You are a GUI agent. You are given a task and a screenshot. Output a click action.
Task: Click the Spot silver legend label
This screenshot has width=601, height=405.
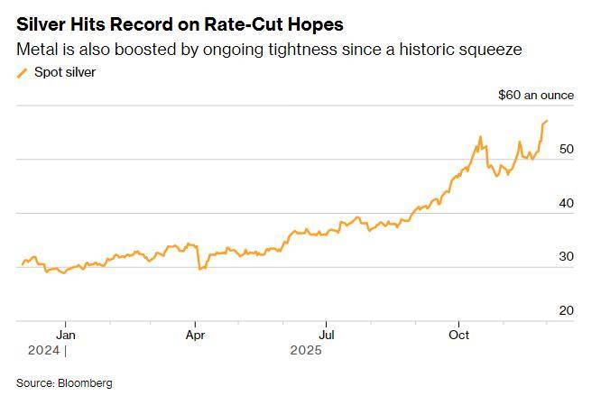pyautogui.click(x=64, y=72)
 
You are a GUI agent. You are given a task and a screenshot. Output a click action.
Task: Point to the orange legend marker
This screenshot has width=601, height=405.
pyautogui.click(x=22, y=73)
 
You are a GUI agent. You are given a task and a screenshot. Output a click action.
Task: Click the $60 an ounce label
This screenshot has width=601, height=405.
pyautogui.click(x=537, y=95)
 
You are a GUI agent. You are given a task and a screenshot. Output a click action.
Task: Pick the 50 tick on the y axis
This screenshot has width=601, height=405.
pyautogui.click(x=566, y=150)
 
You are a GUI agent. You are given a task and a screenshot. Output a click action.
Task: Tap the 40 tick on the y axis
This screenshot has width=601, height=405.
pyautogui.click(x=566, y=203)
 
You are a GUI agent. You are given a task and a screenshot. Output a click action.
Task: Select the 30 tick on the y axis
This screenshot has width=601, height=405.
pyautogui.click(x=566, y=257)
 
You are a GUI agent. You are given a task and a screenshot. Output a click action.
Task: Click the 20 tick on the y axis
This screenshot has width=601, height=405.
pyautogui.click(x=566, y=310)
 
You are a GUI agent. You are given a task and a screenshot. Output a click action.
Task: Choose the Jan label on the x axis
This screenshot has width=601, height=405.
pyautogui.click(x=64, y=335)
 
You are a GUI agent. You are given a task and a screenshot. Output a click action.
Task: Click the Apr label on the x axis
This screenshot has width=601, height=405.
pyautogui.click(x=195, y=335)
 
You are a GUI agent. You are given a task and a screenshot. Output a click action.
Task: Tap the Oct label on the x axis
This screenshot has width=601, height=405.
pyautogui.click(x=458, y=335)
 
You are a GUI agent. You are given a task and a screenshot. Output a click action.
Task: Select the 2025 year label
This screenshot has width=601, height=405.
pyautogui.click(x=306, y=350)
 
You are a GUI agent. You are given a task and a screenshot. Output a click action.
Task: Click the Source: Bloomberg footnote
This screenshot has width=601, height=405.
pyautogui.click(x=64, y=383)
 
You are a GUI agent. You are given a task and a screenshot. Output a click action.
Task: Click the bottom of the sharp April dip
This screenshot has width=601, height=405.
pyautogui.click(x=199, y=269)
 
